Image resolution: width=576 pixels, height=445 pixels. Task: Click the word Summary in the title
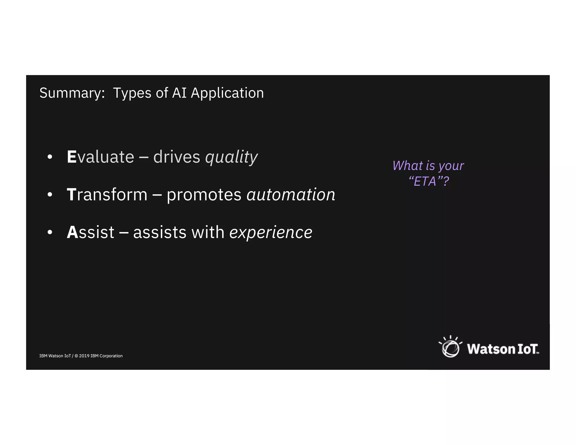[71, 93]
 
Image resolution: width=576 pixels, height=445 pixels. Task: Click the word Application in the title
[227, 93]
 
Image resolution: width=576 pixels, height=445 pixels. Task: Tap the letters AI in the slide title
[179, 93]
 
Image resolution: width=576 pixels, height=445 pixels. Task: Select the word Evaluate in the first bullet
[100, 157]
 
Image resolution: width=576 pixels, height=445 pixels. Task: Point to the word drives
[176, 157]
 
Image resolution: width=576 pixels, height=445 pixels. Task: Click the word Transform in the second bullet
[107, 194]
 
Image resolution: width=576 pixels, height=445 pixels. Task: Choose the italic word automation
[291, 194]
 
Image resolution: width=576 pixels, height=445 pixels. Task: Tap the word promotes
[204, 195]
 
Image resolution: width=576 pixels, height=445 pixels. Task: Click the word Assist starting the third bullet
[90, 232]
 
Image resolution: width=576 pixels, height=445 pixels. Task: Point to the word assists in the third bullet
[160, 233]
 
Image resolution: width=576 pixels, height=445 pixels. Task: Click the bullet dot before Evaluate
[50, 157]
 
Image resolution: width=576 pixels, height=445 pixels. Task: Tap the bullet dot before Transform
[50, 195]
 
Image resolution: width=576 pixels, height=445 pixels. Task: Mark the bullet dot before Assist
[50, 232]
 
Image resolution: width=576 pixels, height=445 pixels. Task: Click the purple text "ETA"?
[428, 181]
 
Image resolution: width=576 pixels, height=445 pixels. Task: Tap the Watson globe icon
[450, 347]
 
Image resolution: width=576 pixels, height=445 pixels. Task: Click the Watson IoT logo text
[503, 349]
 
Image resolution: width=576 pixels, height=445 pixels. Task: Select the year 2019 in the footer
[84, 356]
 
